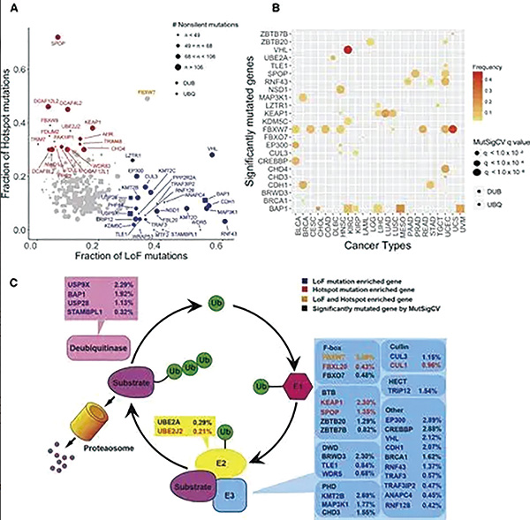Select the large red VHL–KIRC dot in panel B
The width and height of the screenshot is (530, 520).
(347, 50)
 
